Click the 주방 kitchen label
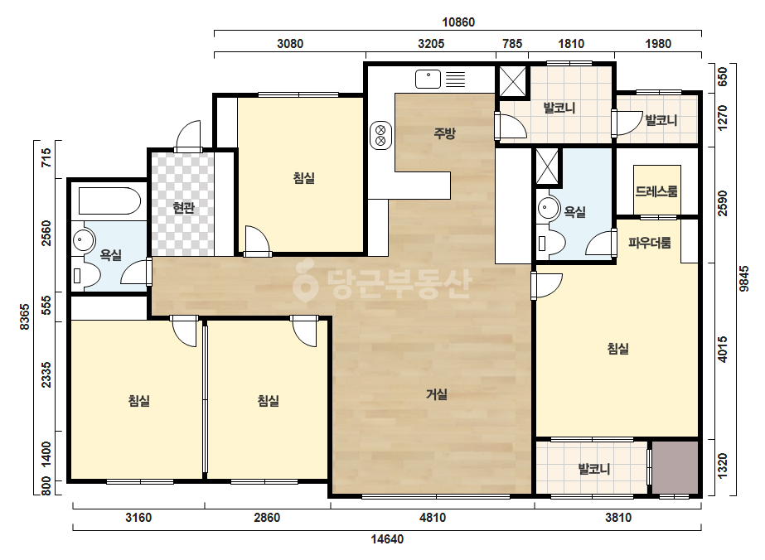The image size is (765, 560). click(444, 133)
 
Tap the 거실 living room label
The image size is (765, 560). click(437, 394)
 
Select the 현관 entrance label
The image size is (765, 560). click(184, 208)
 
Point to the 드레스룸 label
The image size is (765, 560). click(656, 191)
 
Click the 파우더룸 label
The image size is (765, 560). click(649, 243)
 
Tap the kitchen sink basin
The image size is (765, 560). click(428, 79)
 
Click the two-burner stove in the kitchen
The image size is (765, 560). click(380, 136)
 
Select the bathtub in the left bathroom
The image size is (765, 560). click(109, 200)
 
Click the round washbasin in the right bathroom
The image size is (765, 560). click(549, 208)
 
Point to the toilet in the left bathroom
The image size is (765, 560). click(85, 276)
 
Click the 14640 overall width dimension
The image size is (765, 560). click(387, 539)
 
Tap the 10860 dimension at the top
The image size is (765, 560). click(458, 22)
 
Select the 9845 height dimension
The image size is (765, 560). click(743, 278)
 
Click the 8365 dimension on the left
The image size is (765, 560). click(24, 317)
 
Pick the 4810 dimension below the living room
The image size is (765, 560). click(433, 517)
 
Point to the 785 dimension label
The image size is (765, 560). click(512, 43)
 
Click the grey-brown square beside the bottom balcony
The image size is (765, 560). click(675, 467)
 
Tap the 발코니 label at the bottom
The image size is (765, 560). click(594, 469)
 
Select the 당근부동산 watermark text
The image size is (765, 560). click(383, 284)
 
